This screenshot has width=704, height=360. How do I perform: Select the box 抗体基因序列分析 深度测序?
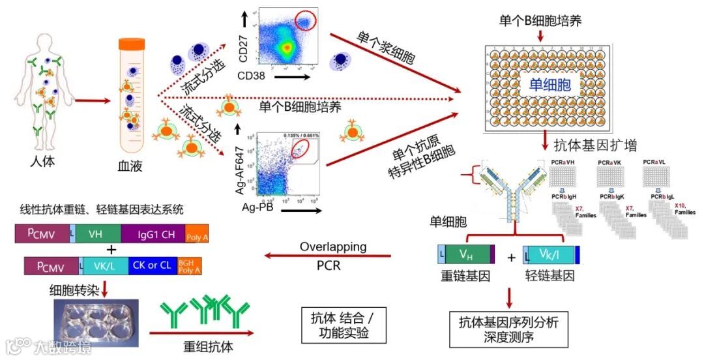click(508, 329)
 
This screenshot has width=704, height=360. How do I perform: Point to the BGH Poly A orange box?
click(189, 265)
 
